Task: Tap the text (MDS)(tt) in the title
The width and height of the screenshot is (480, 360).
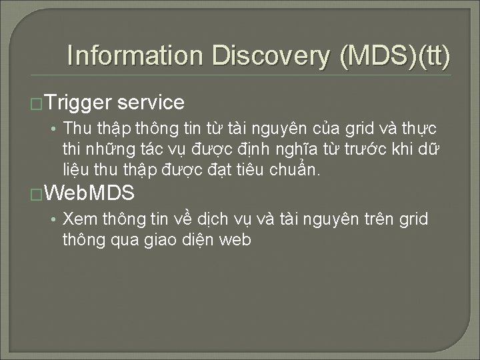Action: coord(395,56)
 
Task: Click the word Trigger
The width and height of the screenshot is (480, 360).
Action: coord(80,103)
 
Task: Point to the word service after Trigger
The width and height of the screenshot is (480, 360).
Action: coord(151,103)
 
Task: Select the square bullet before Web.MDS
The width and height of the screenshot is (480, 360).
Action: coord(38,195)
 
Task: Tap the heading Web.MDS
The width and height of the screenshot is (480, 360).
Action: coord(92,194)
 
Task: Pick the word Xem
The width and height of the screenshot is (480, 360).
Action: coord(77,219)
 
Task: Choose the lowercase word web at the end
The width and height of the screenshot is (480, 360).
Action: coord(235,240)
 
